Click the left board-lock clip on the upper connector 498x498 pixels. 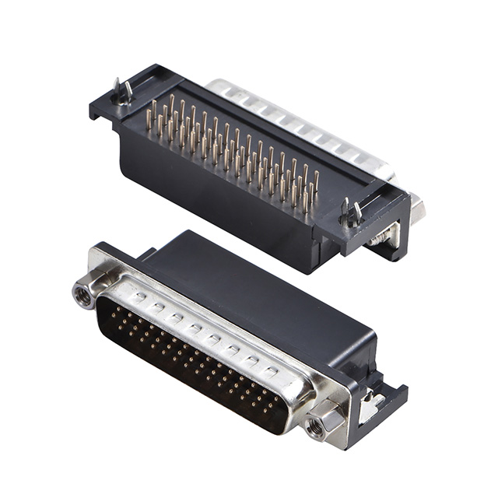click(x=121, y=93)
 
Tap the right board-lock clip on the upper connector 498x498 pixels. click(x=351, y=212)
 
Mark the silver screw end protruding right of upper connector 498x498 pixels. click(x=418, y=209)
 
